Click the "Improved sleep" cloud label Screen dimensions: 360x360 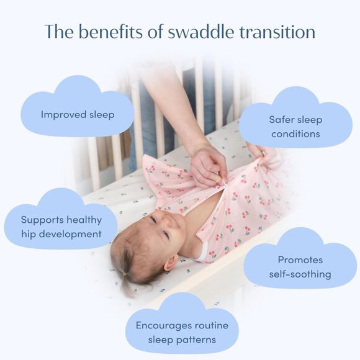pyautogui.click(x=78, y=115)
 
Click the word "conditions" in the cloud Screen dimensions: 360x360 pyautogui.click(x=295, y=133)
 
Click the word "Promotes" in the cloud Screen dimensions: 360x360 pyautogui.click(x=300, y=260)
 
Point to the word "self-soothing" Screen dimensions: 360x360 pyautogui.click(x=300, y=274)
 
